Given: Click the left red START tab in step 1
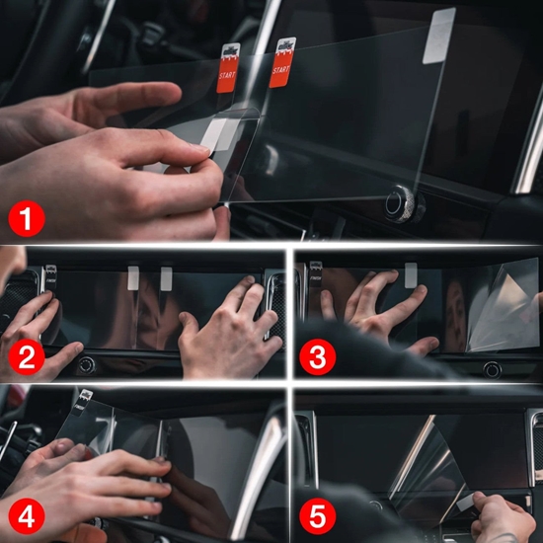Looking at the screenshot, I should pos(226,68).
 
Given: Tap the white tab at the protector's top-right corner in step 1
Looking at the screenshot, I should pos(439,36).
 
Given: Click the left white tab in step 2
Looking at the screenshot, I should pos(133,276).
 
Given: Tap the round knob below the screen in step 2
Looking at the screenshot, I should pos(87,364).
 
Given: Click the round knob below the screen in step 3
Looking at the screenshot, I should pos(491,369).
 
